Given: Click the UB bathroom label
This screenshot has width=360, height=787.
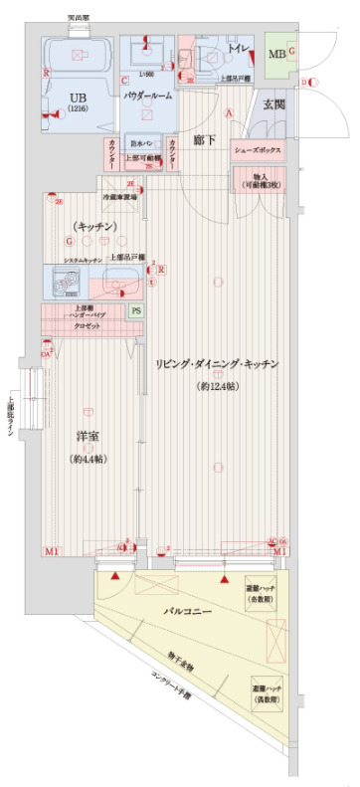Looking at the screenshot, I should (78, 98).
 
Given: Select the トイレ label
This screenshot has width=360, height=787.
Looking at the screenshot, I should (237, 47).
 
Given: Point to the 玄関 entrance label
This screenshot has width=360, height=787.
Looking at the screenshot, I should (274, 103).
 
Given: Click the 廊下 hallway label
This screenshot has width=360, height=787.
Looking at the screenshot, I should (206, 140).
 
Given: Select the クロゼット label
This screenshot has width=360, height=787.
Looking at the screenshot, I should (88, 326).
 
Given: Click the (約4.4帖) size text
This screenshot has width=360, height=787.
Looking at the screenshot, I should (90, 460).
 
